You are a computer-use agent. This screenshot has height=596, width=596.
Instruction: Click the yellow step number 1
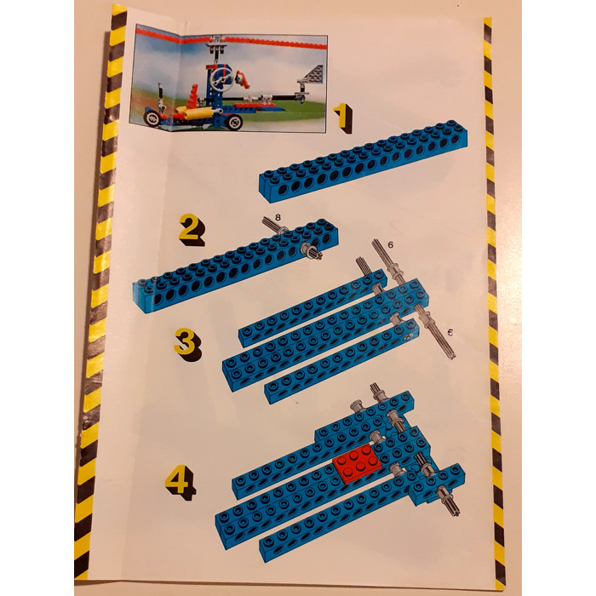point(341,116)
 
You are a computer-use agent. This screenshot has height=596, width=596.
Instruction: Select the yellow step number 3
point(185,342)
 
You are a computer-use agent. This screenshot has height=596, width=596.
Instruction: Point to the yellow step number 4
point(179,483)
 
